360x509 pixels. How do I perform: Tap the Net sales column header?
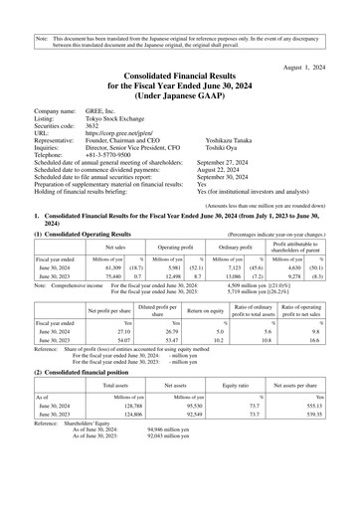pyautogui.click(x=109, y=243)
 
